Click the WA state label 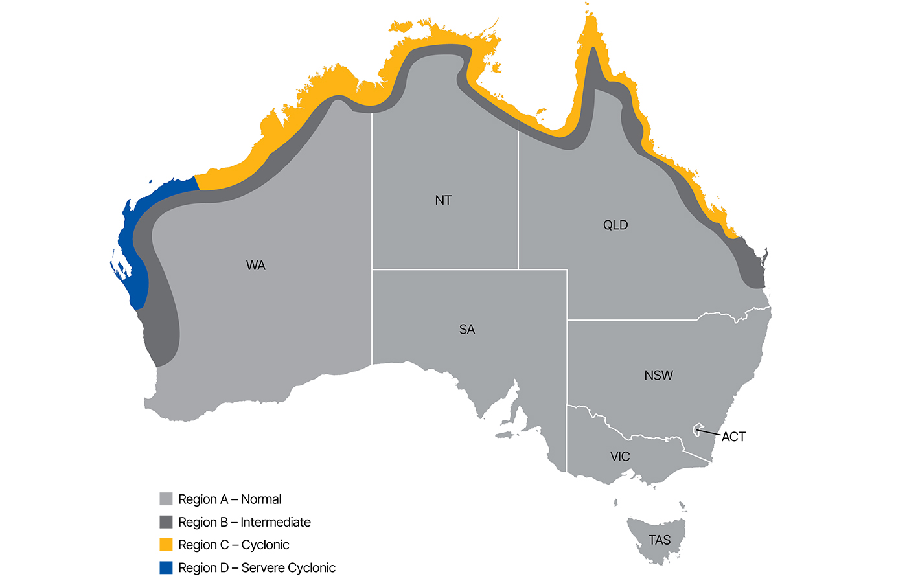[x=256, y=266]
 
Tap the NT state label [x=443, y=200]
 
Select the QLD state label [x=615, y=225]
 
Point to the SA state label [x=467, y=330]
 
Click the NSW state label [x=658, y=376]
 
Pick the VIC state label [x=620, y=457]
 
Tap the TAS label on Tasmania [x=660, y=540]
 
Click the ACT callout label [x=733, y=437]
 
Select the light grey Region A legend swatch [x=166, y=499]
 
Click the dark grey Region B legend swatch [x=166, y=522]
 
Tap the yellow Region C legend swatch [x=166, y=545]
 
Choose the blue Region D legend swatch [x=166, y=567]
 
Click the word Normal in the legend [x=261, y=499]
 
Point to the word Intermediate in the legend [x=275, y=522]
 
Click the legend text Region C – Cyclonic [x=234, y=545]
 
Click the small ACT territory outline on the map [x=698, y=429]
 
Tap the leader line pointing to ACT [x=709, y=432]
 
